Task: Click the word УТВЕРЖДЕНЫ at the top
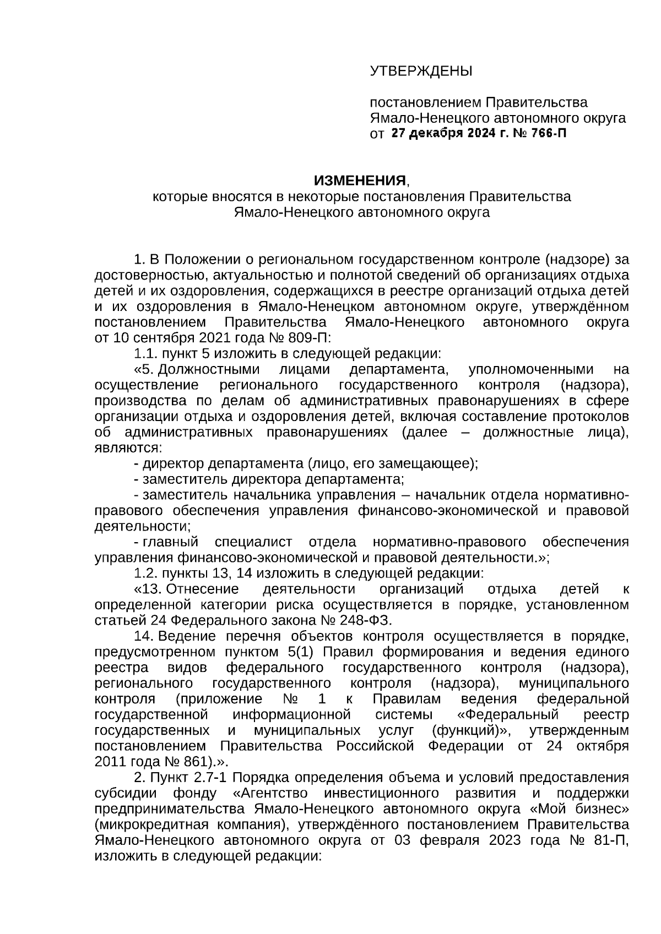pos(421,72)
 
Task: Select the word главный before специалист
pos(171,542)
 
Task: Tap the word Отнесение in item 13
pos(203,589)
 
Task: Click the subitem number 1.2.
pos(145,573)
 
